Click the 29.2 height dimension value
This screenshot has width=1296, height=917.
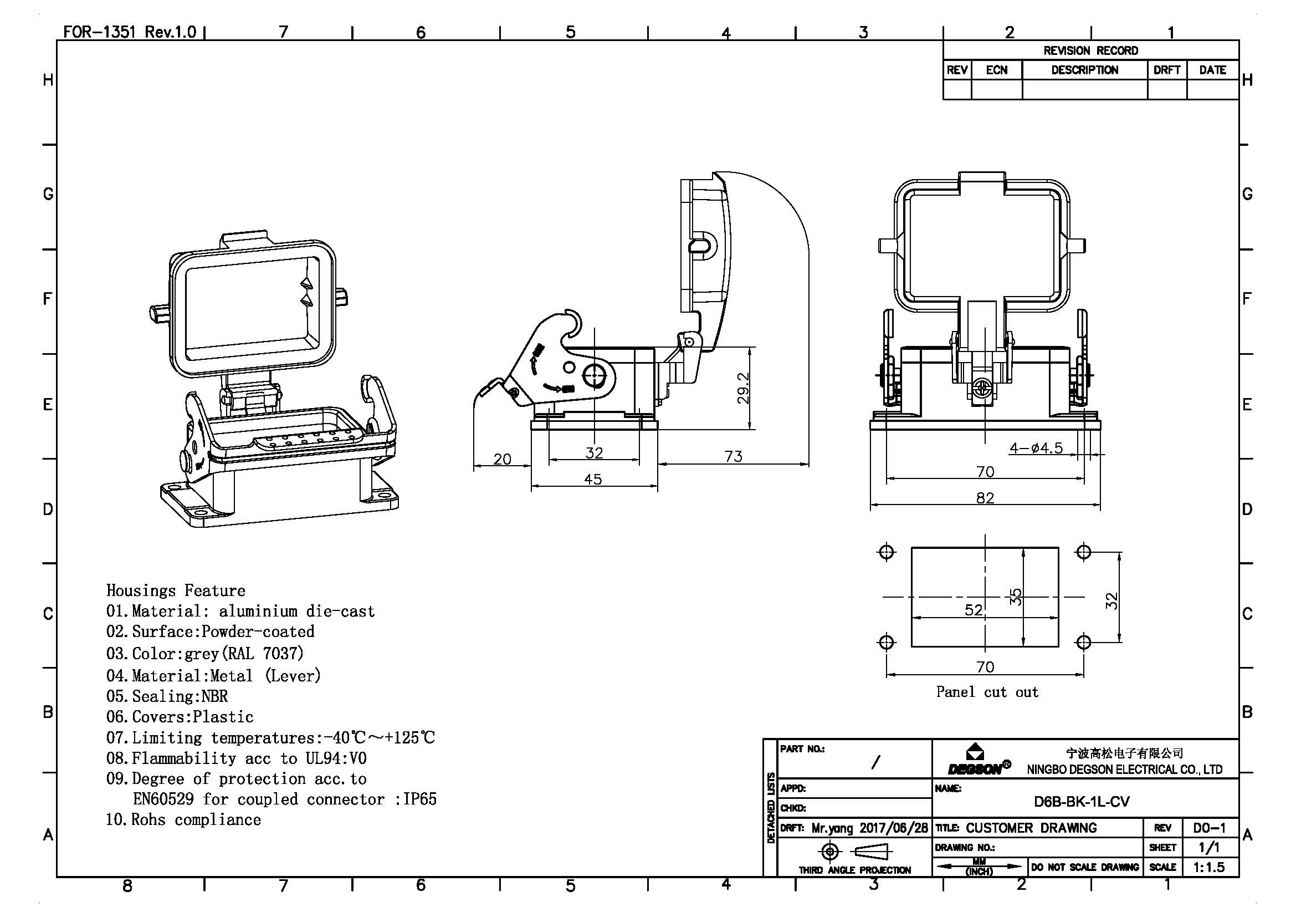tap(744, 388)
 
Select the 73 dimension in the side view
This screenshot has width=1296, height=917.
tap(733, 456)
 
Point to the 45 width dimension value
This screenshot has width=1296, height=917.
tap(593, 480)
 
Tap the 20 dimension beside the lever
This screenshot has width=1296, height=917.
tap(502, 459)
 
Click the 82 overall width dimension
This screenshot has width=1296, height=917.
tap(985, 498)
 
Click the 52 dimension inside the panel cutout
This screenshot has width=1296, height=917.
tap(973, 610)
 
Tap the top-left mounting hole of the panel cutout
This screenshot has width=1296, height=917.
tap(886, 552)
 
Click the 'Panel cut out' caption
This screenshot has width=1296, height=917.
tap(987, 692)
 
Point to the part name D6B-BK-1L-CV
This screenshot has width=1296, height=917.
tap(1082, 802)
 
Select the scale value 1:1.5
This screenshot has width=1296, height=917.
tap(1208, 867)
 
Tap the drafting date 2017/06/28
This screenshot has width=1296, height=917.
tap(894, 828)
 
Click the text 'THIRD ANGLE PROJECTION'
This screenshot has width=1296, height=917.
tap(854, 870)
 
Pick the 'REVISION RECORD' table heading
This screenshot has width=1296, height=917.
tap(1090, 51)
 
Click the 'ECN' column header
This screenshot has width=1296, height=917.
tap(996, 70)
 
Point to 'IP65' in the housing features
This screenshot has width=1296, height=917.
tap(419, 799)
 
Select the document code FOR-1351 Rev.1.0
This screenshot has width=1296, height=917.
tap(129, 32)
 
